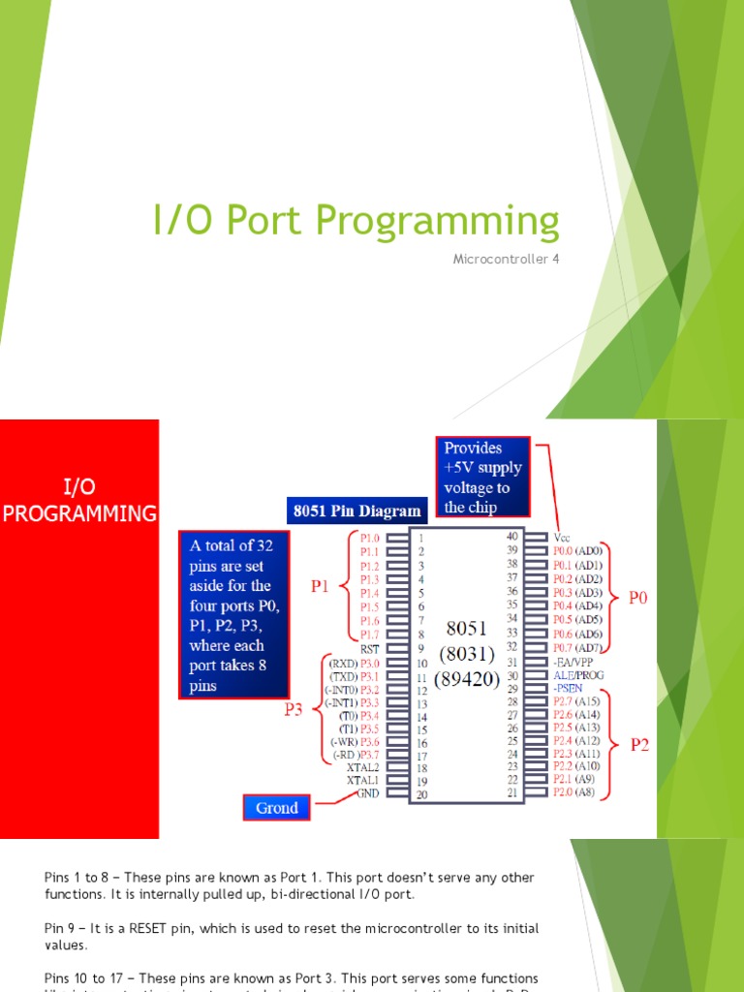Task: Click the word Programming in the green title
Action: pyautogui.click(x=437, y=222)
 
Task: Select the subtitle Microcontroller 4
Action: pyautogui.click(x=507, y=259)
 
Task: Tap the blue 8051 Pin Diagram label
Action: pyautogui.click(x=356, y=511)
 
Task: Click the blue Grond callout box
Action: pyautogui.click(x=277, y=807)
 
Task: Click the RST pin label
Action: pyautogui.click(x=369, y=648)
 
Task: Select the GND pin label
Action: pyautogui.click(x=368, y=792)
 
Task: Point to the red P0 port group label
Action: pyautogui.click(x=637, y=599)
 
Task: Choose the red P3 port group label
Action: pyautogui.click(x=293, y=709)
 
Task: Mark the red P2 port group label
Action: pyautogui.click(x=640, y=745)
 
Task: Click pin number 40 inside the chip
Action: pyautogui.click(x=512, y=536)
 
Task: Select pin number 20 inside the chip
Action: pyautogui.click(x=420, y=794)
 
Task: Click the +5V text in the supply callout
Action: pyautogui.click(x=461, y=468)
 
